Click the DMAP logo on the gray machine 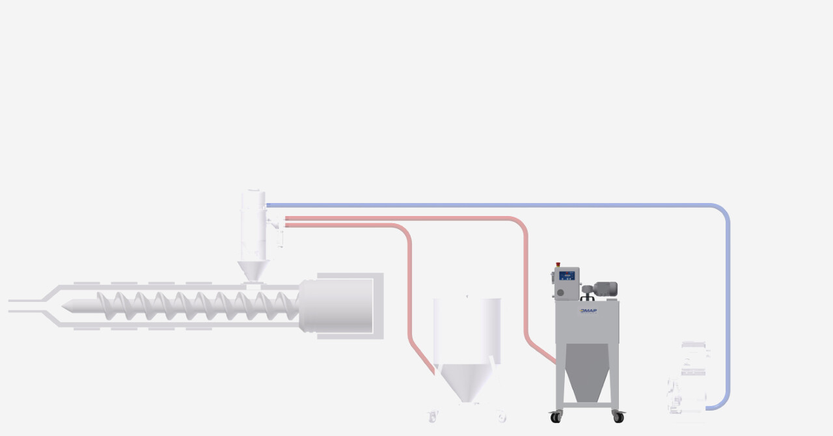click(588, 310)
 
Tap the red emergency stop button click(558, 265)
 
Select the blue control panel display click(568, 276)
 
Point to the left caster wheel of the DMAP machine click(556, 417)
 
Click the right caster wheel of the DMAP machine click(618, 417)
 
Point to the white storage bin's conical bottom click(466, 384)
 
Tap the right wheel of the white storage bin click(501, 416)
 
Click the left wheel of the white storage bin click(432, 416)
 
